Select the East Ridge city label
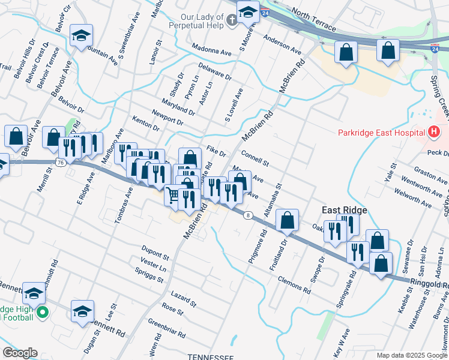point(345,210)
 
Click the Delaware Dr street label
point(214,72)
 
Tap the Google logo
point(20,352)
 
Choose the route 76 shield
point(59,163)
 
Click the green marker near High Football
point(42,312)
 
